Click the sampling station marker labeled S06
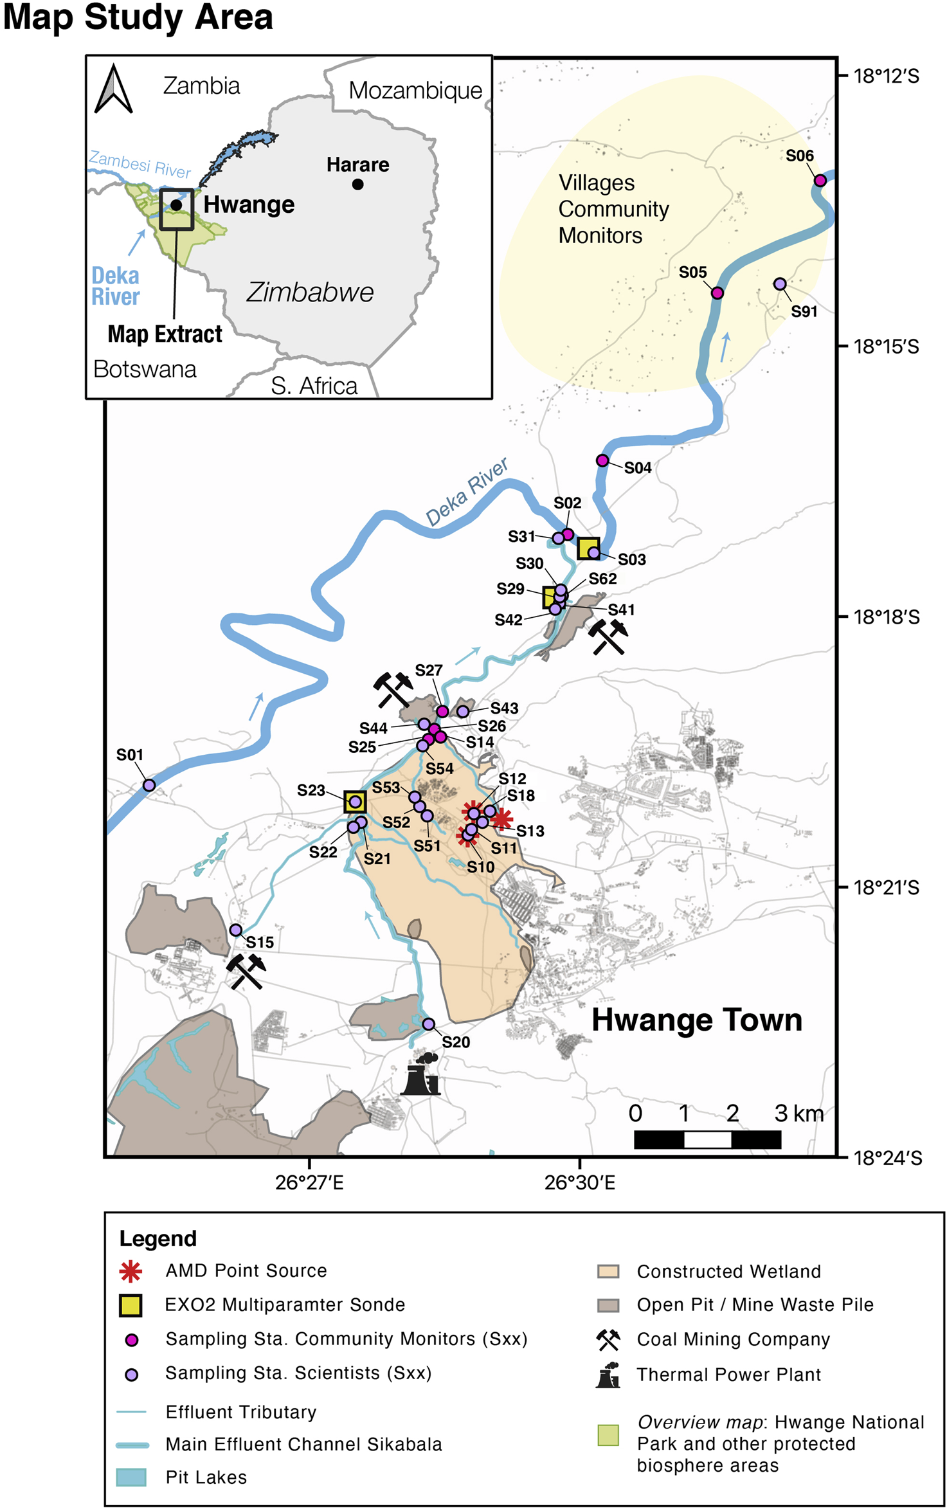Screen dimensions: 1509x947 pos(820,181)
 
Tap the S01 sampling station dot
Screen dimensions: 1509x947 pos(149,785)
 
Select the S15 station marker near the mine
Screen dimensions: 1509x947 pos(236,930)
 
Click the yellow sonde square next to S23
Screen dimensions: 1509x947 pos(355,802)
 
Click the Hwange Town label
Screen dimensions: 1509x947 pos(696,1020)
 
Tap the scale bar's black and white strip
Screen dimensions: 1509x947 pos(707,1139)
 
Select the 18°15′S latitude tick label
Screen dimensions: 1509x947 pos(886,347)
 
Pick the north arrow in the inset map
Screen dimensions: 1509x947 pos(113,89)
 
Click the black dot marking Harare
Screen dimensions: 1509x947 pos(358,185)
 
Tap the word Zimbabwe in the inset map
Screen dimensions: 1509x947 pos(310,293)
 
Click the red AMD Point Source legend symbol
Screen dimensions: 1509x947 pos(131,1271)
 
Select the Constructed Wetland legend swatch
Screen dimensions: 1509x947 pos(608,1271)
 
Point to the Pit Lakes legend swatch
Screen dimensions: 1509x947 pos(131,1477)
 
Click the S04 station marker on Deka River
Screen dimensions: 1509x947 pos(602,460)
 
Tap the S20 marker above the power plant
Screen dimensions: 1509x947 pos(428,1024)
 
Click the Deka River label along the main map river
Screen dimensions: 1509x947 pos(467,492)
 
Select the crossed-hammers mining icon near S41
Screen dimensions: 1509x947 pos(608,636)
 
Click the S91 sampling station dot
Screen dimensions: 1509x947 pos(780,284)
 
